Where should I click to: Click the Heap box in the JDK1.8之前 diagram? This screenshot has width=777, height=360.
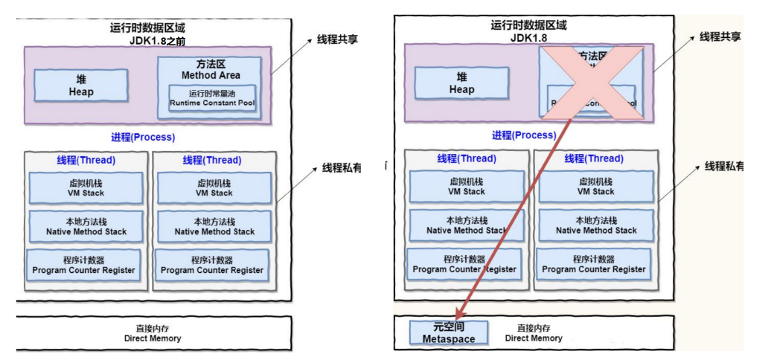click(81, 86)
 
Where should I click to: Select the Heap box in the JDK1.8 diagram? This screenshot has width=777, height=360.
click(461, 83)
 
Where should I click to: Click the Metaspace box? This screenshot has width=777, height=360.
click(448, 332)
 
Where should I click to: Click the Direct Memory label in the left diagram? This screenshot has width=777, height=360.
click(153, 332)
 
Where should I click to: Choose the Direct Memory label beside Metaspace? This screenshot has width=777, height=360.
click(534, 332)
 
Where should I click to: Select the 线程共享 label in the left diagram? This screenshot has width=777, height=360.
click(336, 39)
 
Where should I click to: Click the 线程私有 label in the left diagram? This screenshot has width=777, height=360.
click(342, 169)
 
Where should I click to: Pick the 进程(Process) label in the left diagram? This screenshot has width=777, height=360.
click(143, 138)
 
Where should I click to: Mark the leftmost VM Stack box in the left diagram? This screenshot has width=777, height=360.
click(86, 187)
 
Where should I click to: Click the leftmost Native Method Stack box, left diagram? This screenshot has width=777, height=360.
click(86, 226)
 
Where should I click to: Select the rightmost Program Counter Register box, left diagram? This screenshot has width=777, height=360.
click(212, 265)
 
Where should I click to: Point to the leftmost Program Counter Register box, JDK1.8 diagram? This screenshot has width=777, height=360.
click(464, 264)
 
